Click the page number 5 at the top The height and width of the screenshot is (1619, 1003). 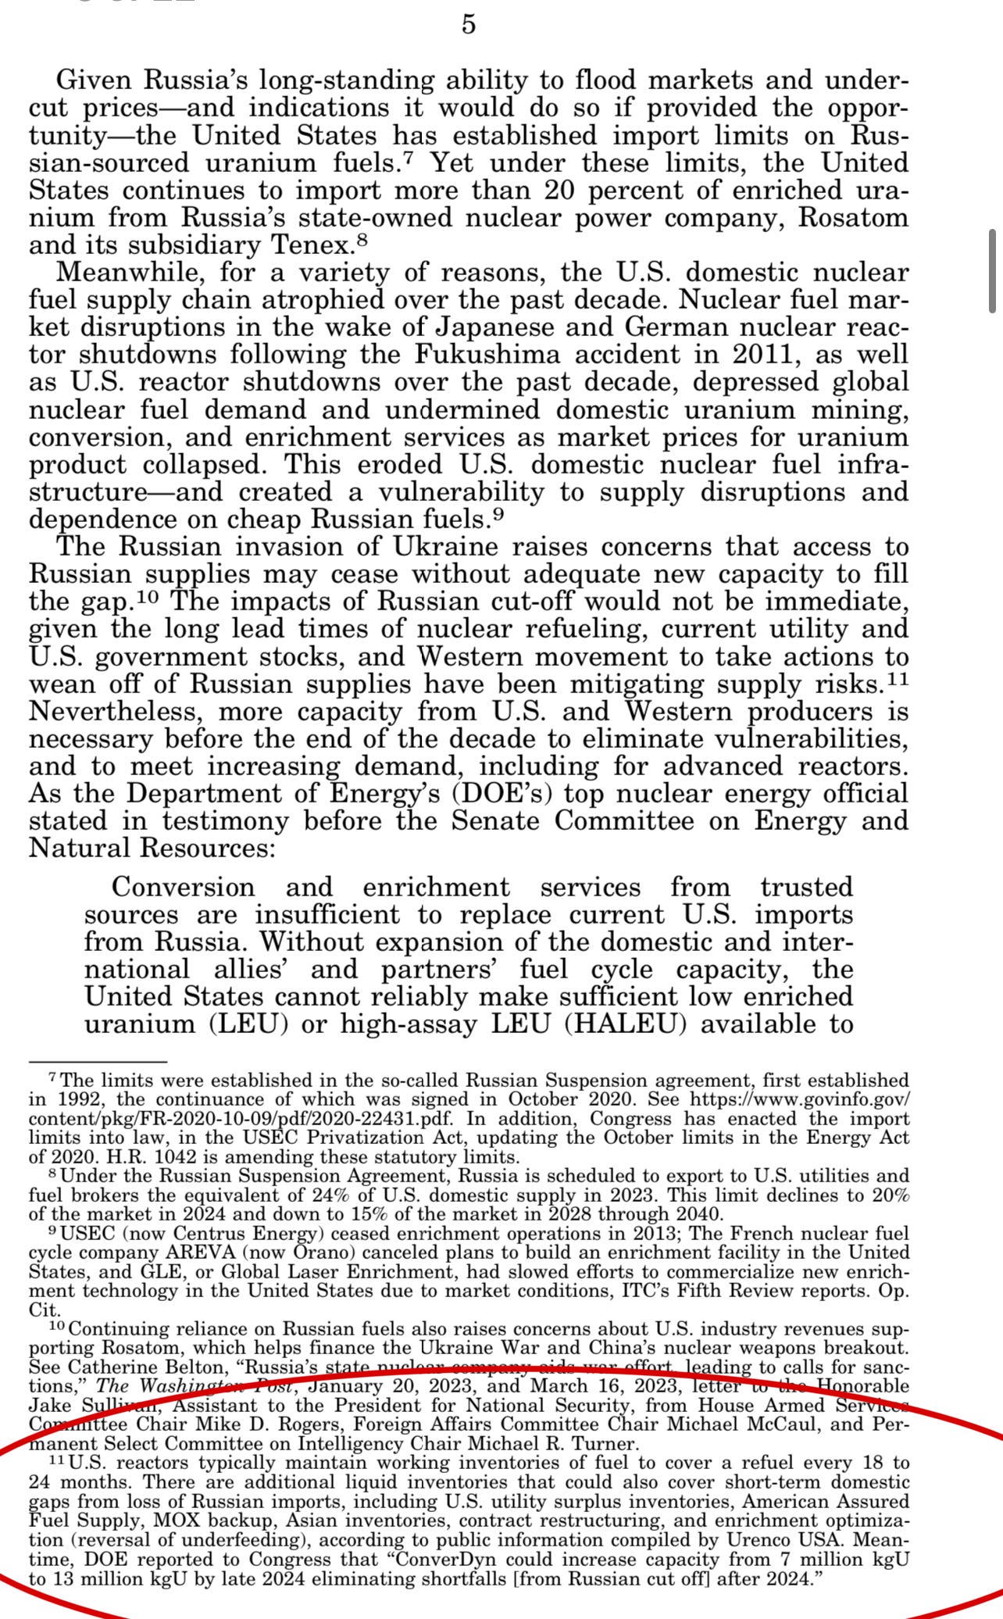click(469, 25)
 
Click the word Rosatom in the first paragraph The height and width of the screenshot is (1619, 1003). click(853, 217)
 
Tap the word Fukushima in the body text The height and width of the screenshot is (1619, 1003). click(487, 354)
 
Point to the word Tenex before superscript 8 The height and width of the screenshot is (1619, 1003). click(311, 245)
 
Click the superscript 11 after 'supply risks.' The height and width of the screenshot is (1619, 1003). click(899, 680)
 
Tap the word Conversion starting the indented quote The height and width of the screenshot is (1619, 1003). click(184, 887)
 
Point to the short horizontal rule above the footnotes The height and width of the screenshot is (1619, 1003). click(98, 1062)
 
